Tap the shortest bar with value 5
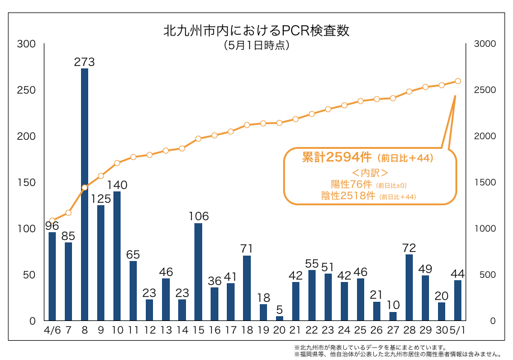[279, 318]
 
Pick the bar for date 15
[198, 272]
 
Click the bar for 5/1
[458, 300]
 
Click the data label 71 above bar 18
[247, 248]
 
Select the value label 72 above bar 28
[409, 248]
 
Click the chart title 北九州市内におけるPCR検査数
[256, 30]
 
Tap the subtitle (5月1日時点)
[256, 46]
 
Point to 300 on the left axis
[26, 44]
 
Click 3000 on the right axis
[484, 44]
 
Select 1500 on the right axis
[484, 182]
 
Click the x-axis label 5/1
[458, 331]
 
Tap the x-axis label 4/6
[52, 331]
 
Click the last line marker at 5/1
[458, 81]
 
